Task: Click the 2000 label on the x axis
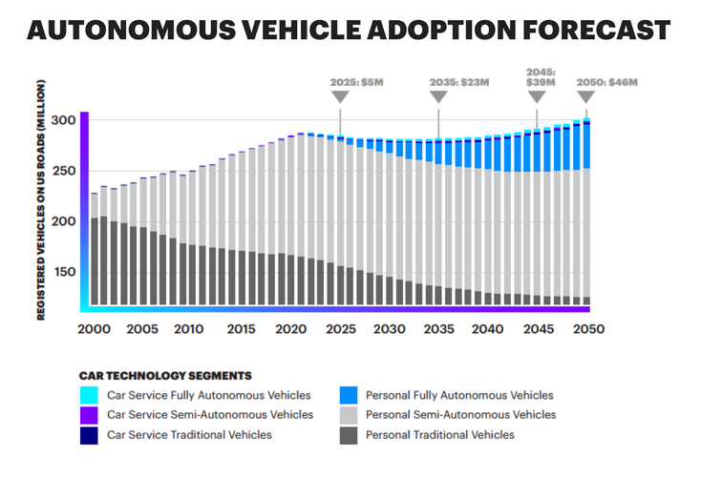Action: (x=95, y=328)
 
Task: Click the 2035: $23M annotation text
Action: (x=439, y=82)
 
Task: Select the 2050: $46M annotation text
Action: (x=606, y=82)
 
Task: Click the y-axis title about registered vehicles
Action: (x=42, y=205)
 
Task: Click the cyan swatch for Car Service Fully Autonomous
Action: (x=89, y=395)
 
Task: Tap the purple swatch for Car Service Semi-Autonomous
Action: (x=89, y=415)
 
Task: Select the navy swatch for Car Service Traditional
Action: (x=89, y=435)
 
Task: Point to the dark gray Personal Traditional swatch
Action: (x=349, y=435)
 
